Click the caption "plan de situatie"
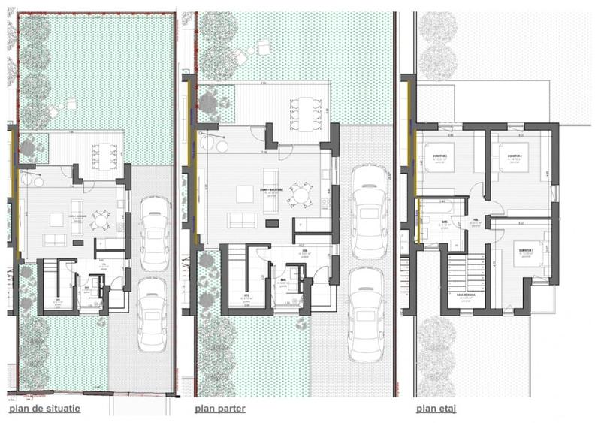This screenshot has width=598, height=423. [x=44, y=409]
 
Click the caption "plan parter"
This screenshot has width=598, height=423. [x=219, y=409]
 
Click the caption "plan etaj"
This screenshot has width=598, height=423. [x=436, y=409]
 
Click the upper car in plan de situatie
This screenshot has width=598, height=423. [x=155, y=232]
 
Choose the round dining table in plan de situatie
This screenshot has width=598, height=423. [x=98, y=227]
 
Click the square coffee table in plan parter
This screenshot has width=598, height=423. [x=246, y=195]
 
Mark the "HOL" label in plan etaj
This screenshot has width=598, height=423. [x=476, y=219]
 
